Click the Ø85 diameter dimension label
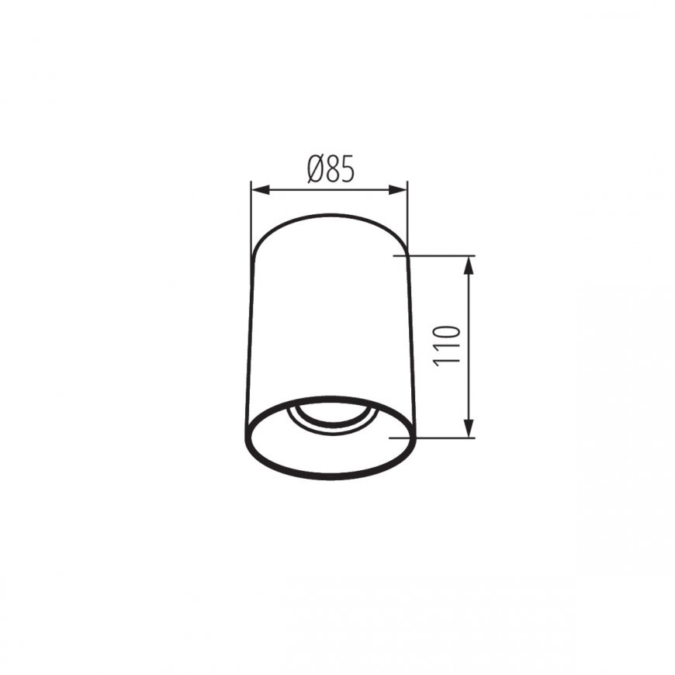[x=331, y=169]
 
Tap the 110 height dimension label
[x=447, y=346]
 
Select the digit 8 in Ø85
[x=334, y=169]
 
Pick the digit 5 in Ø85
[x=348, y=169]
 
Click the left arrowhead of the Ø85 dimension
[x=260, y=190]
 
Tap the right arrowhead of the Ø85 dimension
[x=398, y=190]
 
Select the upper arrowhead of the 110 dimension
[x=469, y=265]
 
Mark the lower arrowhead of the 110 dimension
[x=469, y=428]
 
